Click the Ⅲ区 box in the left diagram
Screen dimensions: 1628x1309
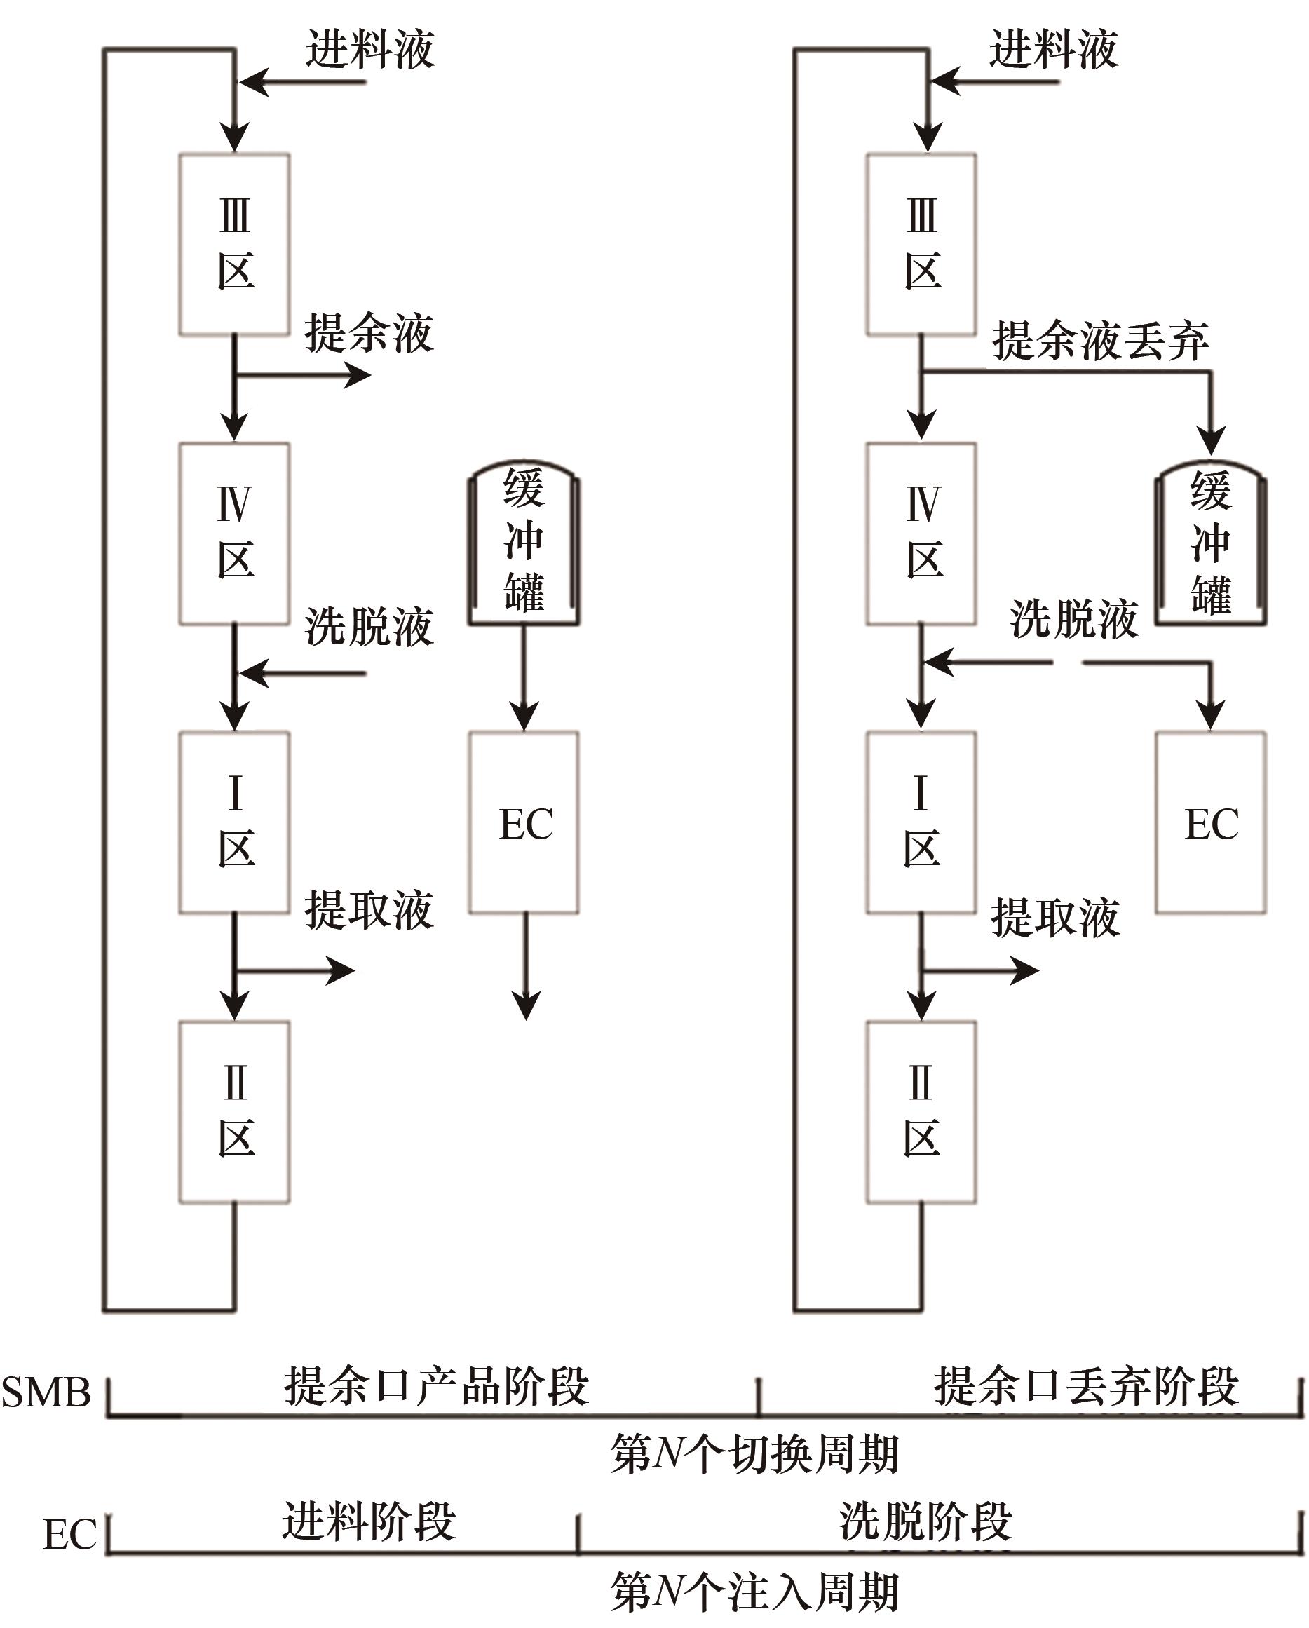coord(234,244)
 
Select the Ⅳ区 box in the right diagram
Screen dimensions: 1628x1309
coord(921,533)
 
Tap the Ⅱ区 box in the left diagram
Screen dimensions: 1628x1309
coord(234,1111)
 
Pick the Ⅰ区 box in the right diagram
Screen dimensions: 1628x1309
coord(921,822)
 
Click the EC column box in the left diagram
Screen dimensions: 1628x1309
coord(524,822)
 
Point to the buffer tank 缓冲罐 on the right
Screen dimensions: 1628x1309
coord(1211,542)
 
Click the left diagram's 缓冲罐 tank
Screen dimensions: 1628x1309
coord(524,542)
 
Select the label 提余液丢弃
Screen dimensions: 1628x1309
coord(1100,341)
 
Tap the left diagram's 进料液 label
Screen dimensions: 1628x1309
coord(370,50)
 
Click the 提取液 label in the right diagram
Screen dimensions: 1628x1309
coord(1054,918)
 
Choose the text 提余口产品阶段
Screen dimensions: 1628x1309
coord(436,1386)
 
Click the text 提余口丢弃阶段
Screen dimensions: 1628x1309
coord(1086,1386)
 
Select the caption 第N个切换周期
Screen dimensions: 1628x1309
coord(755,1453)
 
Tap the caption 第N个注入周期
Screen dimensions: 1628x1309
coord(755,1592)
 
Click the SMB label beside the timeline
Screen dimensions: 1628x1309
coord(46,1392)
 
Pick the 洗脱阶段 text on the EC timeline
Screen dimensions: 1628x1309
coord(925,1521)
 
